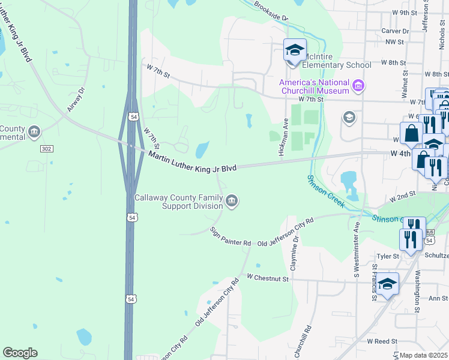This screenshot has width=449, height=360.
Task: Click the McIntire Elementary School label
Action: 336,65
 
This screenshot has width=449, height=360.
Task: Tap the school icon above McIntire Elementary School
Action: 295,50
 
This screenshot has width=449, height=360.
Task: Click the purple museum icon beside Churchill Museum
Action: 358,86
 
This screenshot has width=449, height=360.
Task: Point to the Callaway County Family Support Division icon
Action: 232,201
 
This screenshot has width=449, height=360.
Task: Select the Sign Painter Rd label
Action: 230,237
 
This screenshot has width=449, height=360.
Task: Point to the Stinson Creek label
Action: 326,191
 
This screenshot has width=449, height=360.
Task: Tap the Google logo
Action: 20,353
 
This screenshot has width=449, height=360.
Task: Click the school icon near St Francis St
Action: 387,284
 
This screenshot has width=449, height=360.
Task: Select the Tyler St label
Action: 388,256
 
